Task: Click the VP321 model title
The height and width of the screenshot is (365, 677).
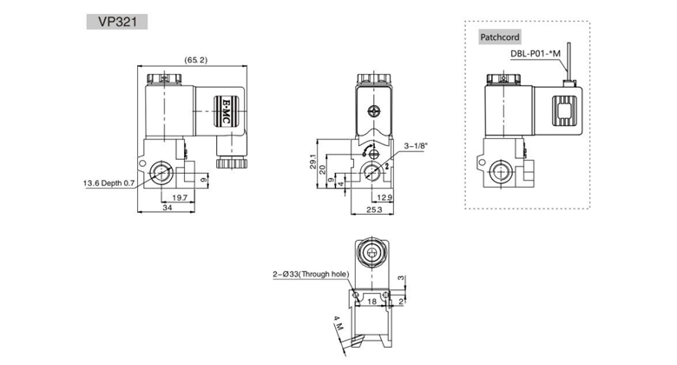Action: tap(117, 22)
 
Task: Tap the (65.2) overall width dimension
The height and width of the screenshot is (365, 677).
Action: tap(196, 60)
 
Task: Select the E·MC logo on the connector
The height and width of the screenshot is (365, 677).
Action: tap(226, 111)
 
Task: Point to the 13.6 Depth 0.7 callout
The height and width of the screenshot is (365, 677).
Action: tap(108, 183)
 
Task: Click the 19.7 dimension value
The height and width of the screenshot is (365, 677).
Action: tap(180, 197)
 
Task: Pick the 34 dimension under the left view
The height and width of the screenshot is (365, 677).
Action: tap(168, 208)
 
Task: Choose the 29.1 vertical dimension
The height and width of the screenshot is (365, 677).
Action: tap(313, 162)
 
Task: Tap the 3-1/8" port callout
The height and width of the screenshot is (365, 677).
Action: tap(416, 146)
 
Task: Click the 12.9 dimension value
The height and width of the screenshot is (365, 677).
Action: tap(385, 197)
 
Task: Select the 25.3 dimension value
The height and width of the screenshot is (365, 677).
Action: tap(374, 209)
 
